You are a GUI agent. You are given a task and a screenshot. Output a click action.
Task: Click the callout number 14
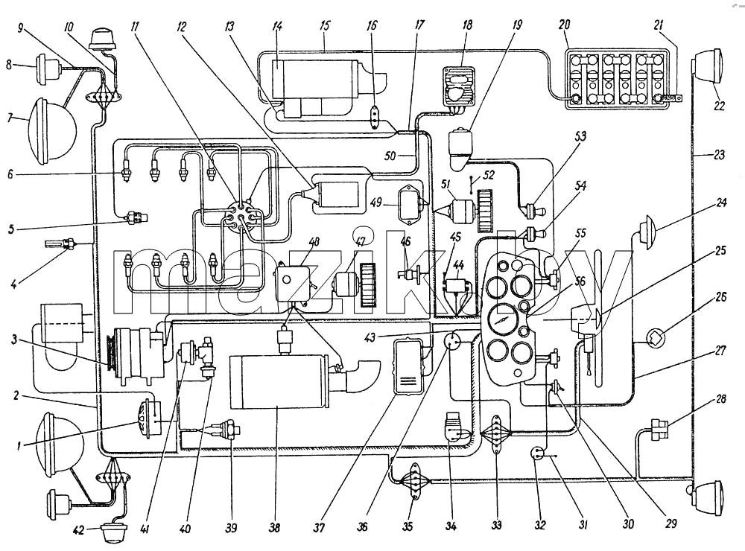click(277, 25)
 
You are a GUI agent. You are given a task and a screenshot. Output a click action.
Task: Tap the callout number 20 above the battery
click(565, 25)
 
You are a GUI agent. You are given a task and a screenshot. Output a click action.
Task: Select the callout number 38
click(275, 527)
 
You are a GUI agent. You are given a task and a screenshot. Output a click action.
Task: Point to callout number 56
click(580, 281)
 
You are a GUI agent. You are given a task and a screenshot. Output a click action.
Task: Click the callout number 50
click(390, 156)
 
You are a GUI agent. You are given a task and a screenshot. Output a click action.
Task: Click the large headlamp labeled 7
click(53, 130)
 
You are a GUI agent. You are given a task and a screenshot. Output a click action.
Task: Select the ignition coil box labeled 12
click(336, 195)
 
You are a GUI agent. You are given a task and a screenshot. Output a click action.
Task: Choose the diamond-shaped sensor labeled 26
click(656, 339)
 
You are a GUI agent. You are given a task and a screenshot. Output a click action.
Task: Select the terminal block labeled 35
click(416, 482)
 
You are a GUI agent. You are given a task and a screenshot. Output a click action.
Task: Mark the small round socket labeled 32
click(536, 453)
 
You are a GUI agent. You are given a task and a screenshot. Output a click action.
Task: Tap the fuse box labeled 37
click(408, 366)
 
